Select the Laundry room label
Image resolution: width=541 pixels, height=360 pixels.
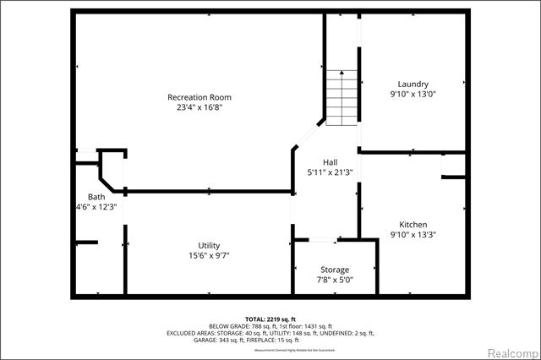tap(413, 84)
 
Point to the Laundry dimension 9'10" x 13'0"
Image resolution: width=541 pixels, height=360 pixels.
tap(413, 95)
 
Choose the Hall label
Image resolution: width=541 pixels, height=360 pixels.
tap(331, 161)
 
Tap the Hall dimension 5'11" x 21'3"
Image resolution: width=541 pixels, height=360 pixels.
tap(331, 172)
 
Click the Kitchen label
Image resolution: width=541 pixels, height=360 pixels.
tap(413, 224)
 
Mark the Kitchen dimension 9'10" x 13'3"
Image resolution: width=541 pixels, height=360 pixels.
tap(413, 235)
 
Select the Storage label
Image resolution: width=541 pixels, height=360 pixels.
tap(334, 270)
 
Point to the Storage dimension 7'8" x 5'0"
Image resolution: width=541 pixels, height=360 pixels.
tap(334, 281)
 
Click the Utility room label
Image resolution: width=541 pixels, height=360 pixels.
tap(210, 244)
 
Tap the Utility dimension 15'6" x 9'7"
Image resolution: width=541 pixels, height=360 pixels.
tap(210, 255)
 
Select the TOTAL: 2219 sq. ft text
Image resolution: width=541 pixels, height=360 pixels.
tap(270, 319)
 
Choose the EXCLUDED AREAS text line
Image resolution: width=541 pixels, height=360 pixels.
tap(270, 333)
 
